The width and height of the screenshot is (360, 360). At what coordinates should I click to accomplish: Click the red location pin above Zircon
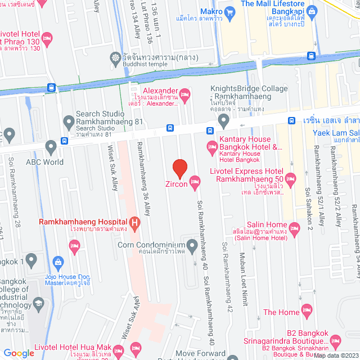(x=179, y=168)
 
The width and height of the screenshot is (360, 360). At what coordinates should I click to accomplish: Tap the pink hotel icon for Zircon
(x=195, y=181)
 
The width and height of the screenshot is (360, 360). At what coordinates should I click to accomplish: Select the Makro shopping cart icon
(x=230, y=12)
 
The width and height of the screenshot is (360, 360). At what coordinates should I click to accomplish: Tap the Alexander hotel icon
(x=184, y=93)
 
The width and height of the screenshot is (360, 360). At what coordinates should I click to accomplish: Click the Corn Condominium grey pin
(x=192, y=245)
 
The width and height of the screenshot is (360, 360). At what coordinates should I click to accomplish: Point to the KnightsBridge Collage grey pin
(x=224, y=119)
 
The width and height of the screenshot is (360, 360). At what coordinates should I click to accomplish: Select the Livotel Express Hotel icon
(x=290, y=180)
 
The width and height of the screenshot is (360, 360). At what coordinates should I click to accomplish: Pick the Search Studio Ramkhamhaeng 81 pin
(x=69, y=120)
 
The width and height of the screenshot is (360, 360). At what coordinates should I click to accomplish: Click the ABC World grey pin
(x=51, y=148)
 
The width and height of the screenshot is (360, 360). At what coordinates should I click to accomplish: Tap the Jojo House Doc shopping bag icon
(x=57, y=262)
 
